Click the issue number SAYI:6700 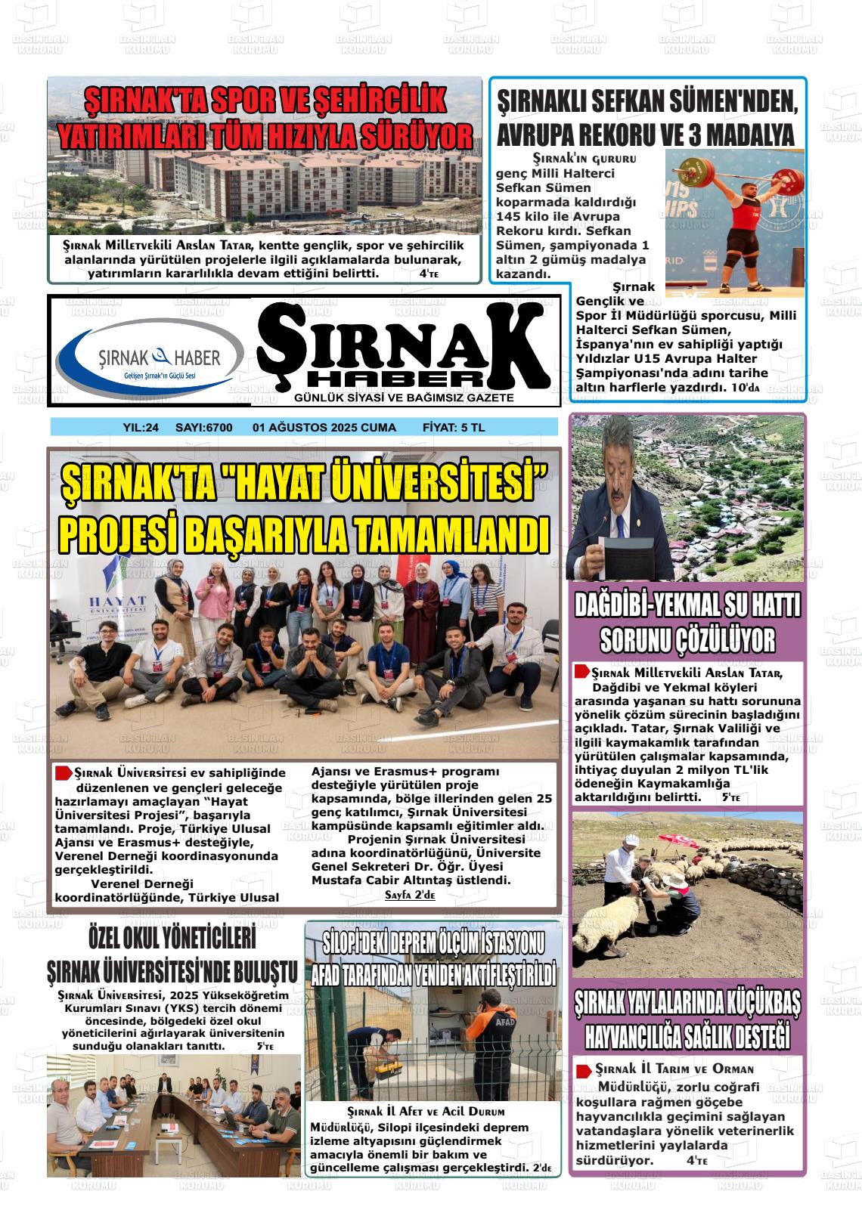tap(203, 428)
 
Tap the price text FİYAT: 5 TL tap(454, 428)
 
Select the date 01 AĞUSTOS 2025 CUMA tap(324, 428)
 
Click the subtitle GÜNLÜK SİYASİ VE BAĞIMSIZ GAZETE tap(405, 398)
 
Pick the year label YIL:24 tap(141, 428)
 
